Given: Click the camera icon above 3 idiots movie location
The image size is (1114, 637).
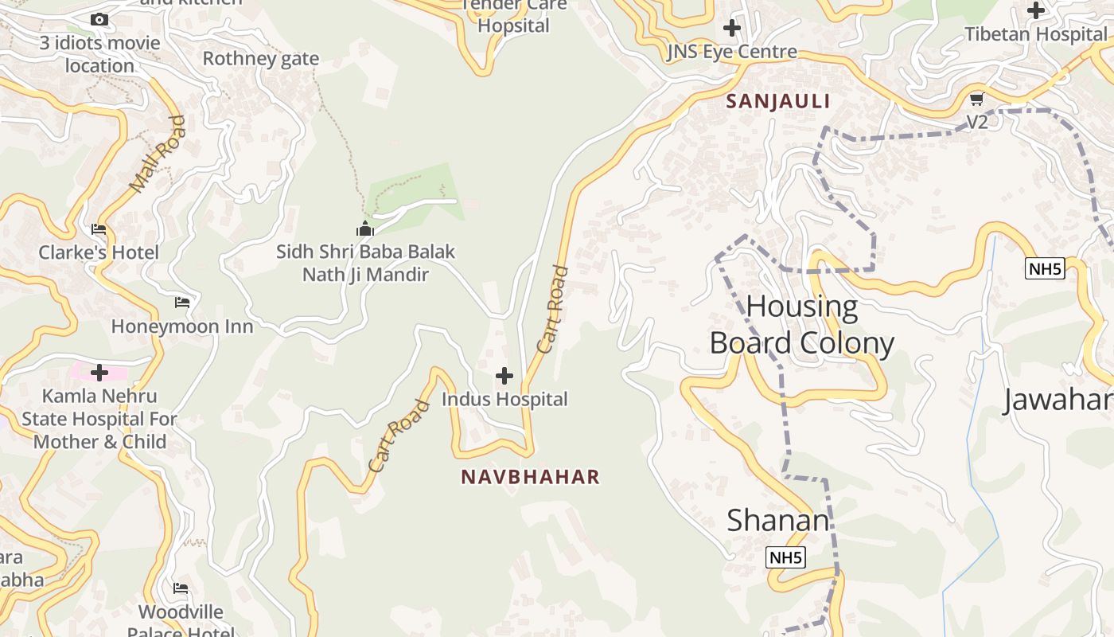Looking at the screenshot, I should [x=99, y=20].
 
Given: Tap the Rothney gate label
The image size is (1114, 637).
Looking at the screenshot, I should [x=261, y=58].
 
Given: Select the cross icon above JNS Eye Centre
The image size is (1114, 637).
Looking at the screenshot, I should [x=731, y=28].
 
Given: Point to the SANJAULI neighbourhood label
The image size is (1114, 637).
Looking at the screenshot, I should [x=778, y=101].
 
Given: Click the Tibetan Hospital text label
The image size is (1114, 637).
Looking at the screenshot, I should [x=1035, y=34].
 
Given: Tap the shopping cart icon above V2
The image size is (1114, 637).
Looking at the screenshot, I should [x=976, y=100].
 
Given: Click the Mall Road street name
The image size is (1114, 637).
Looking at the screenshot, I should [x=158, y=154].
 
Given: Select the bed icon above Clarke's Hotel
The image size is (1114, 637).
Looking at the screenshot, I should [x=99, y=230].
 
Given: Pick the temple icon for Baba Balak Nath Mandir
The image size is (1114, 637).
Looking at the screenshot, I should [x=365, y=229].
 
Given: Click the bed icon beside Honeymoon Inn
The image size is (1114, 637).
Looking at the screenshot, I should [x=182, y=303].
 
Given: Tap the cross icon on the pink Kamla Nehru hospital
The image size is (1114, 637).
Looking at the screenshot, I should [x=99, y=372].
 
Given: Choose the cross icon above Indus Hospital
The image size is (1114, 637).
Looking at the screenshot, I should [x=504, y=376].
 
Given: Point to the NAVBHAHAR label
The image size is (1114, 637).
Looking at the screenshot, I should [x=530, y=477].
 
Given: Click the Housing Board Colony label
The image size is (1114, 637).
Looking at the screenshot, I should [x=801, y=325].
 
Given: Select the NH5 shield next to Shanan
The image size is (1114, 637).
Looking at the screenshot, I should [x=785, y=558].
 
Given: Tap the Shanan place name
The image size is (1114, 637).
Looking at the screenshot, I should [x=777, y=521].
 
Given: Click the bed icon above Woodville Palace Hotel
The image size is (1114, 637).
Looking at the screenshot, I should [x=181, y=588].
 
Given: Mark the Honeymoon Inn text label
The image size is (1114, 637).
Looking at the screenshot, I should [x=182, y=326].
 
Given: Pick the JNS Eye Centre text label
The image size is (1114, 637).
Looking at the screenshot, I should [x=731, y=53].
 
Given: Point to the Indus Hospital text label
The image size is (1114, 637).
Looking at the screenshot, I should [x=504, y=399].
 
